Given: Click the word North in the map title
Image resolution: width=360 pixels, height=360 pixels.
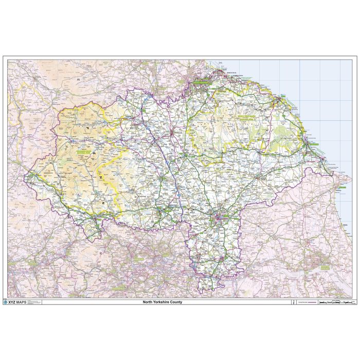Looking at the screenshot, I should coord(149,302).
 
